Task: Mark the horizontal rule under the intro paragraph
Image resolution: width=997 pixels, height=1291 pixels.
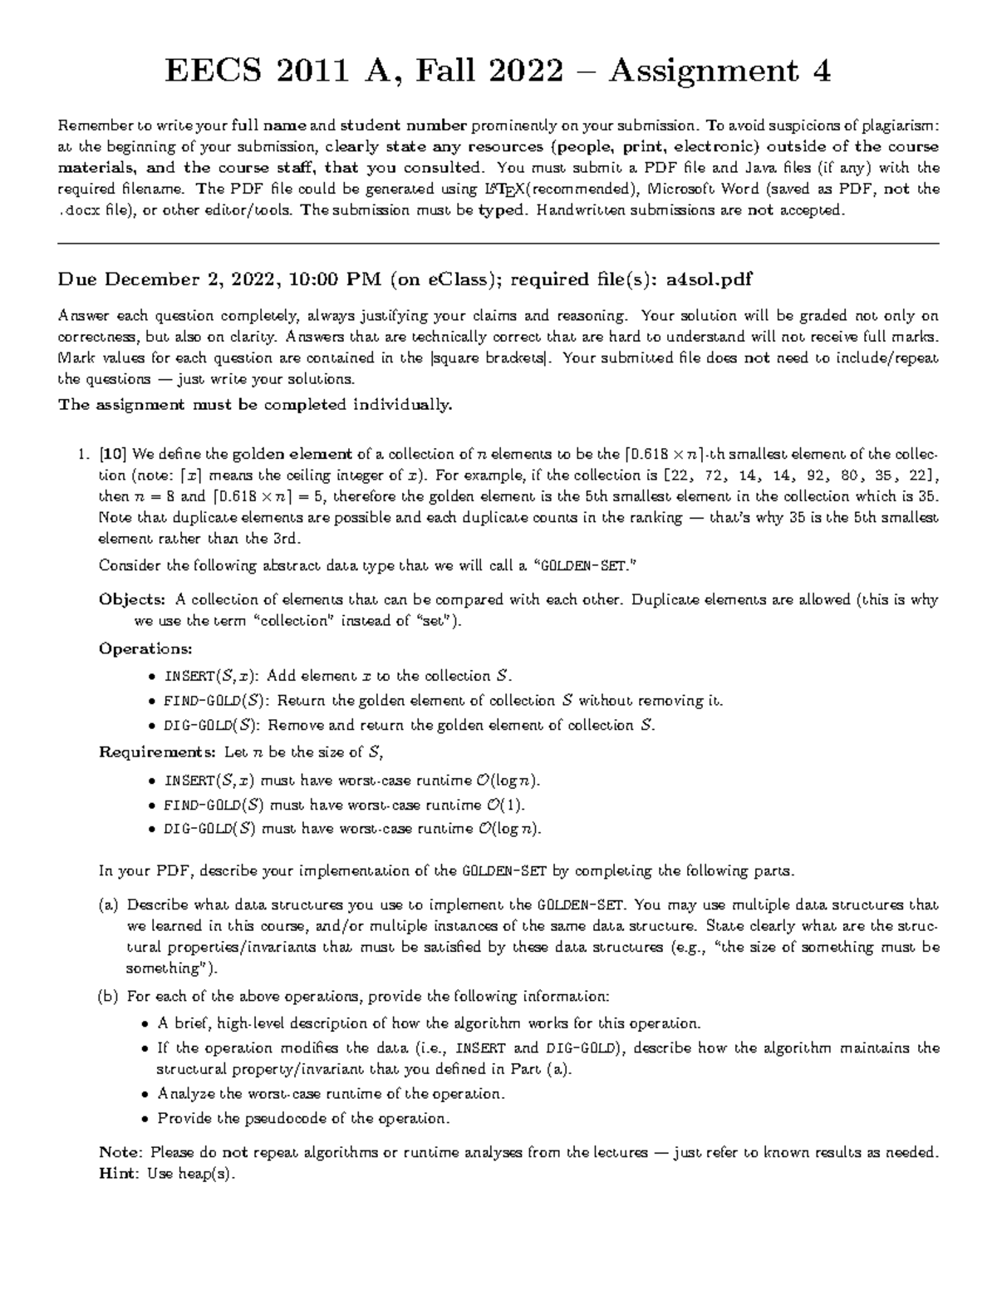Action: (x=498, y=244)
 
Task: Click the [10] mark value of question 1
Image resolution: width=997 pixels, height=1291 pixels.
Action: (x=112, y=455)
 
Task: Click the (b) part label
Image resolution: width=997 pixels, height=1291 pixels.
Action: (x=108, y=996)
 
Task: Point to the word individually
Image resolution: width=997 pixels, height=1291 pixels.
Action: (x=403, y=405)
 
